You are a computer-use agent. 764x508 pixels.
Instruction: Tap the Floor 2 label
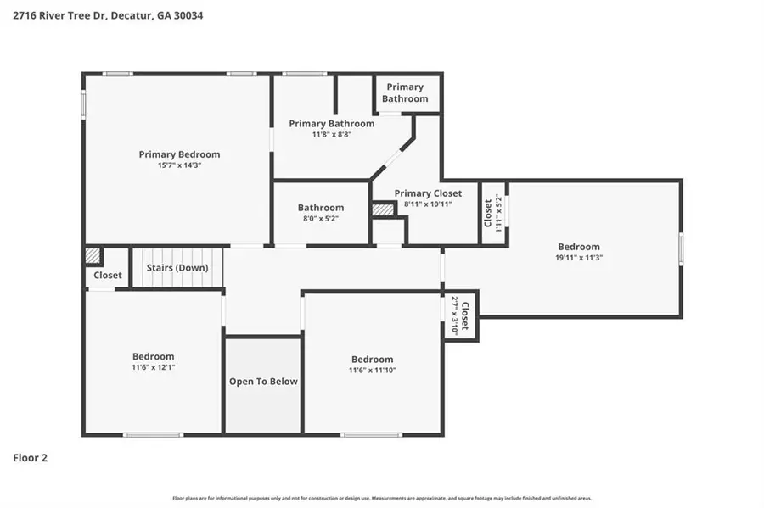point(30,458)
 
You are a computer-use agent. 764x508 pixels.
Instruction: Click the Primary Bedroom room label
point(179,154)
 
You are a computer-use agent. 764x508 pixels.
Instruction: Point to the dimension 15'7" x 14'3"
point(179,165)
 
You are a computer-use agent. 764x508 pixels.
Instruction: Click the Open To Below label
point(263,382)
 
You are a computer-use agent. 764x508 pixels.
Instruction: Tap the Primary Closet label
point(428,193)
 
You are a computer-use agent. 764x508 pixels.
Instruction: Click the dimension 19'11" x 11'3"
point(579,258)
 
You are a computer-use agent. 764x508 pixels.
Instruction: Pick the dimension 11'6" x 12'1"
point(153,368)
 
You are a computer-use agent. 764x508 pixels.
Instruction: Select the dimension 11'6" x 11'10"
point(372,371)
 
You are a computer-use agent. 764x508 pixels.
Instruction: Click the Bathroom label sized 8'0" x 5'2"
point(320,208)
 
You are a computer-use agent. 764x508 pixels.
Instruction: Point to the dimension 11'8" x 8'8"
point(331,134)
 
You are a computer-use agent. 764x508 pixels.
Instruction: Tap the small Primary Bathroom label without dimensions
point(405,92)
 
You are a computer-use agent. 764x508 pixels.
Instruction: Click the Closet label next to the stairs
point(108,276)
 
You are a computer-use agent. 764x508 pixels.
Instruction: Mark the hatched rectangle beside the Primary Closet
point(383,209)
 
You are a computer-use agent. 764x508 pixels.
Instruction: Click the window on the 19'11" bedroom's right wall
point(680,250)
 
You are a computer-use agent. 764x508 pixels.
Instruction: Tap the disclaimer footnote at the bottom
point(382,499)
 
